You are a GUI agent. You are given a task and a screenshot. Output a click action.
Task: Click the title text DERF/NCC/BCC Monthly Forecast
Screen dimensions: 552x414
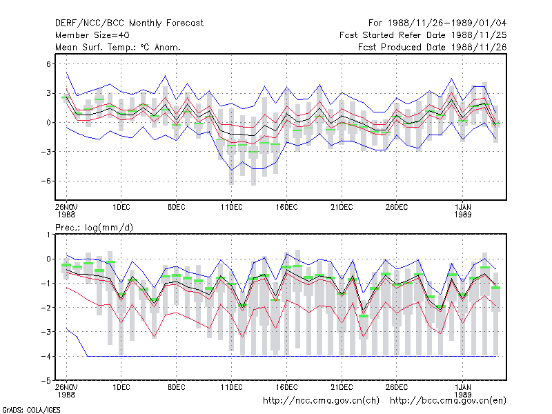(x=129, y=23)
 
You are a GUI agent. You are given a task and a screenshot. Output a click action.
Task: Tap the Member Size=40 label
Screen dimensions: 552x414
(x=92, y=35)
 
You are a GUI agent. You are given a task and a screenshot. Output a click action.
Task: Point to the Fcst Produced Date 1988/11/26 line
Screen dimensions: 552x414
(x=433, y=47)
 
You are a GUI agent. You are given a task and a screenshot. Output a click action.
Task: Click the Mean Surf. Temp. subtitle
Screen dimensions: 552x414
(x=118, y=47)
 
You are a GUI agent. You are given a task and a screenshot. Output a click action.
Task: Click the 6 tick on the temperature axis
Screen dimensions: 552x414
(x=48, y=64)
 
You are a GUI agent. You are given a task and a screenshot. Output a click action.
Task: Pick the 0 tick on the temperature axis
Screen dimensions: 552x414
(x=48, y=123)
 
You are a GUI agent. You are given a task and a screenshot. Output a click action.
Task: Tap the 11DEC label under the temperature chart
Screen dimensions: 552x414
(x=232, y=208)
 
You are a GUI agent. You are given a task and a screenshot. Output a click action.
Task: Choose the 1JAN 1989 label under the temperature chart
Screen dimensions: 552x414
(x=462, y=211)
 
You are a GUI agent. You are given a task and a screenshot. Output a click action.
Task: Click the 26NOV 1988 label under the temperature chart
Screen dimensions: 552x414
(x=66, y=211)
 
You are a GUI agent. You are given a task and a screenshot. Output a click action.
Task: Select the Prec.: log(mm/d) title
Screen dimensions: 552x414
(x=94, y=228)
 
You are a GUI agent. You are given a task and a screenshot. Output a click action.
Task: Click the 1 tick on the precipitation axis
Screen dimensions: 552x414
(x=48, y=235)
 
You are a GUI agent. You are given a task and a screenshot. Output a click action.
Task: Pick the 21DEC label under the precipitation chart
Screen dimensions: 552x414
(x=342, y=388)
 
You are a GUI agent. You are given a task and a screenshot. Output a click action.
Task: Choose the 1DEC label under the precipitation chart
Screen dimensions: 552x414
(x=121, y=388)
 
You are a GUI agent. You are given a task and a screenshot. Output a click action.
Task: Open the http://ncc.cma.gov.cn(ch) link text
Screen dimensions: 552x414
(x=322, y=401)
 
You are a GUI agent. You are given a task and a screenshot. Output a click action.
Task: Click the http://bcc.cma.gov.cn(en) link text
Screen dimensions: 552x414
(x=448, y=401)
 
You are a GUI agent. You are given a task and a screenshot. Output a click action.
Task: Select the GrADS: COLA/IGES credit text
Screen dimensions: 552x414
(x=31, y=410)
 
